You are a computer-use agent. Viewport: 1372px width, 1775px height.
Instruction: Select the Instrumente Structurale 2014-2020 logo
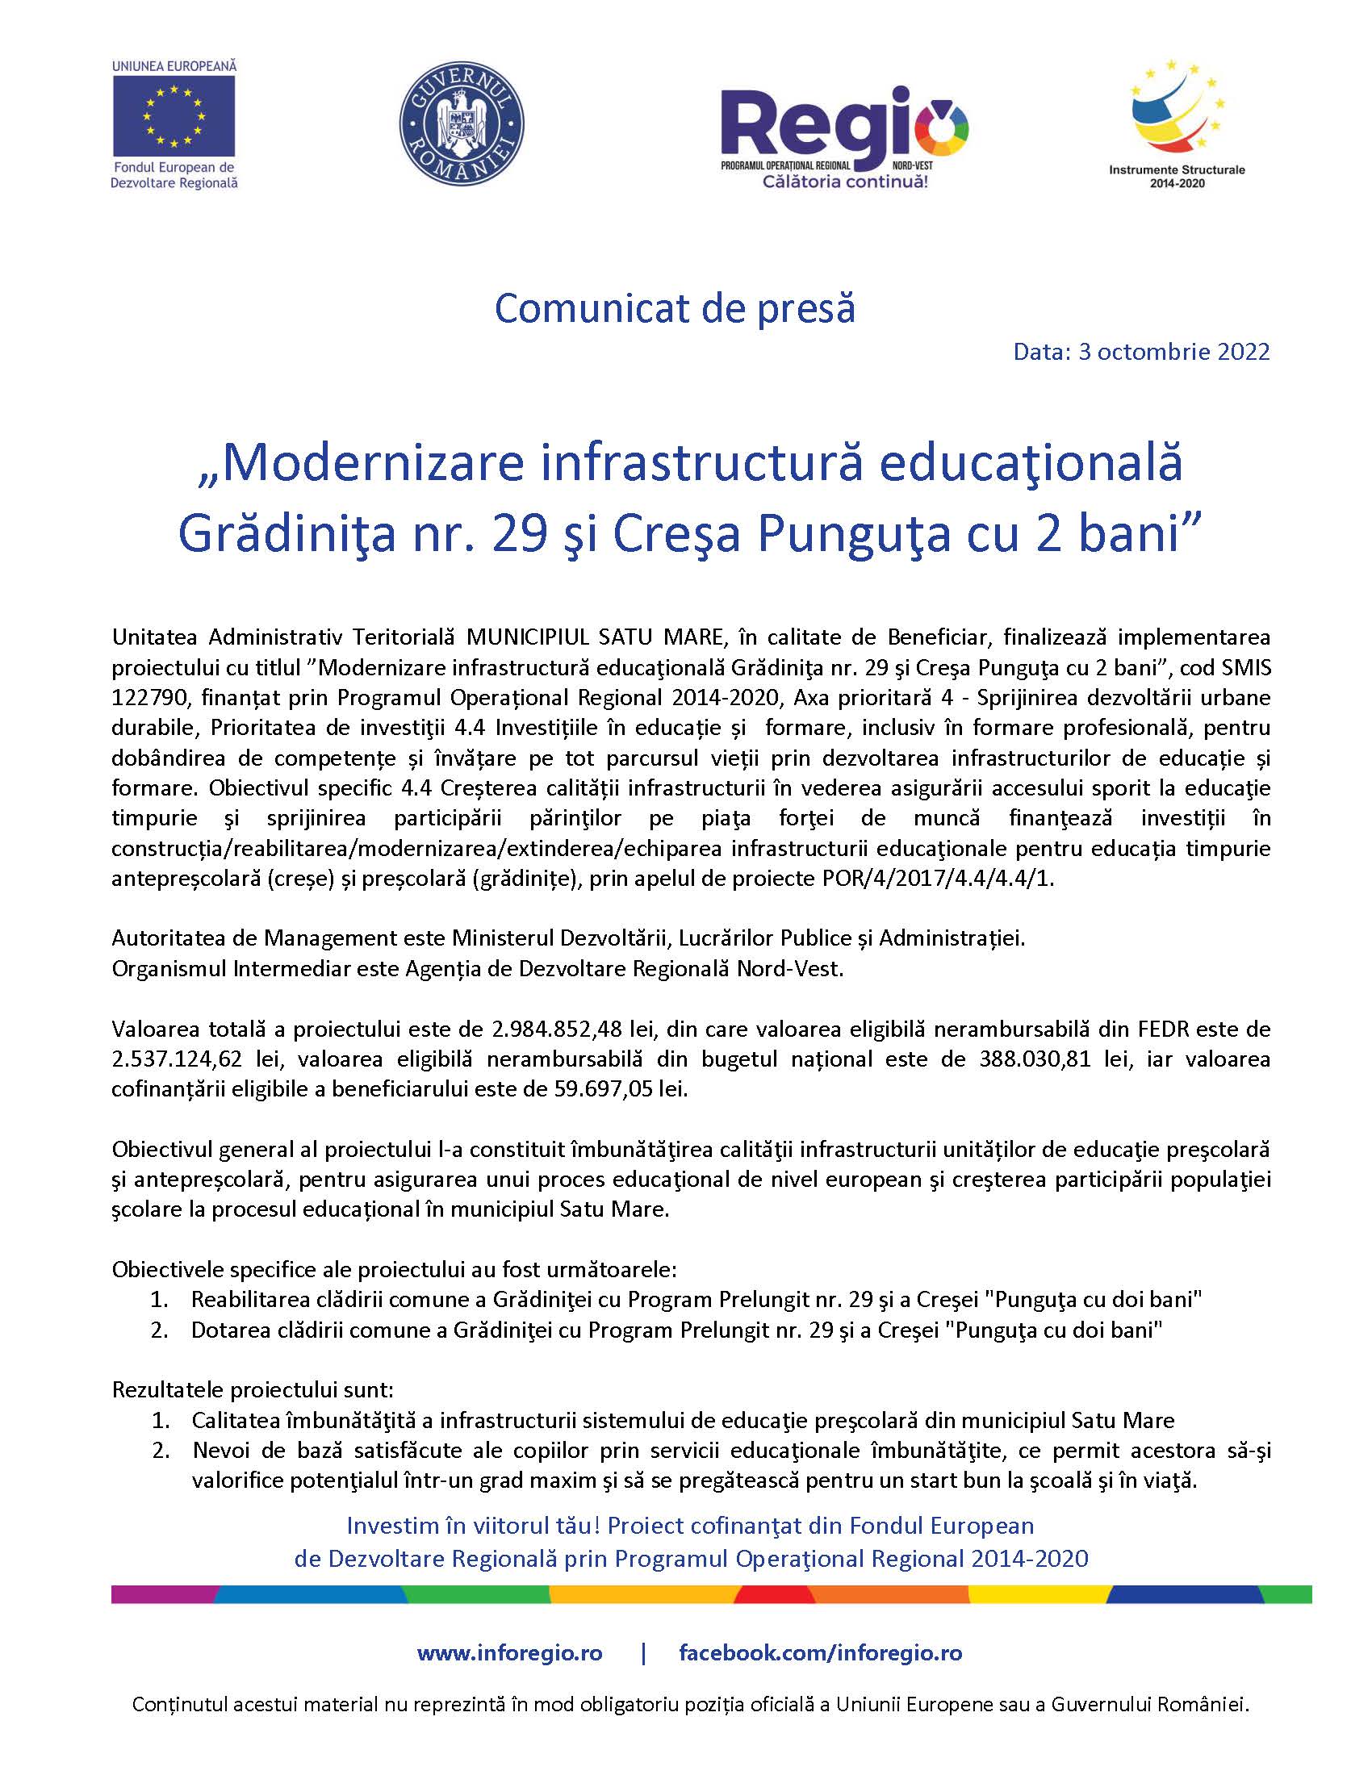1176,122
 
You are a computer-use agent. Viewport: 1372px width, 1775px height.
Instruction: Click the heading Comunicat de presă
675,309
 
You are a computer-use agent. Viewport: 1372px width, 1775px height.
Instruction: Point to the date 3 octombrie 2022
1173,351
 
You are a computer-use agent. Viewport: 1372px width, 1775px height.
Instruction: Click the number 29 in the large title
518,534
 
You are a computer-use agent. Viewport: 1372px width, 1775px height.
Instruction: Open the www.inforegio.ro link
509,1653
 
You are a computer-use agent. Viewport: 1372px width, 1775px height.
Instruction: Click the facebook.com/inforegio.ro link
820,1653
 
